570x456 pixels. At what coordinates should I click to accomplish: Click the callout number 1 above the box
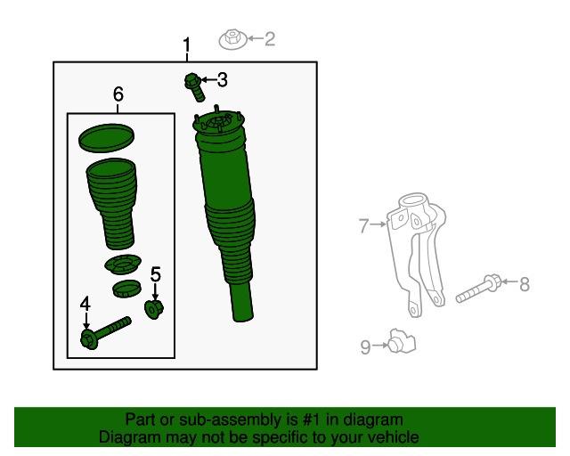186,45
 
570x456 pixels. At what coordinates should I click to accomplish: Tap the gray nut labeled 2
232,40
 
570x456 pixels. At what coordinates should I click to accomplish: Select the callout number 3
223,79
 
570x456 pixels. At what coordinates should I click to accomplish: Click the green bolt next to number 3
194,87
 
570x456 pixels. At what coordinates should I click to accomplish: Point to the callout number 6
118,94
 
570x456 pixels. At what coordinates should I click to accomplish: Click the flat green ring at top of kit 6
106,138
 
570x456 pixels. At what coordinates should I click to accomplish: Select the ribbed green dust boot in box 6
112,204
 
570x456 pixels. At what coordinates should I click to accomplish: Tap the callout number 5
156,274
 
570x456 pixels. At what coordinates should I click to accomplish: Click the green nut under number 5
154,309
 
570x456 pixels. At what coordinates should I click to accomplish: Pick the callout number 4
85,304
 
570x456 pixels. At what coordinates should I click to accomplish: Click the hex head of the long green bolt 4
88,339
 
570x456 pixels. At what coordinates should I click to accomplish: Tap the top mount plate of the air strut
218,123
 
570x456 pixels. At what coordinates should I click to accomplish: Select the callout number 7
363,225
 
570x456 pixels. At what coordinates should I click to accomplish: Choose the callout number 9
365,346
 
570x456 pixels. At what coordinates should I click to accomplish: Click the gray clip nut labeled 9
402,341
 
